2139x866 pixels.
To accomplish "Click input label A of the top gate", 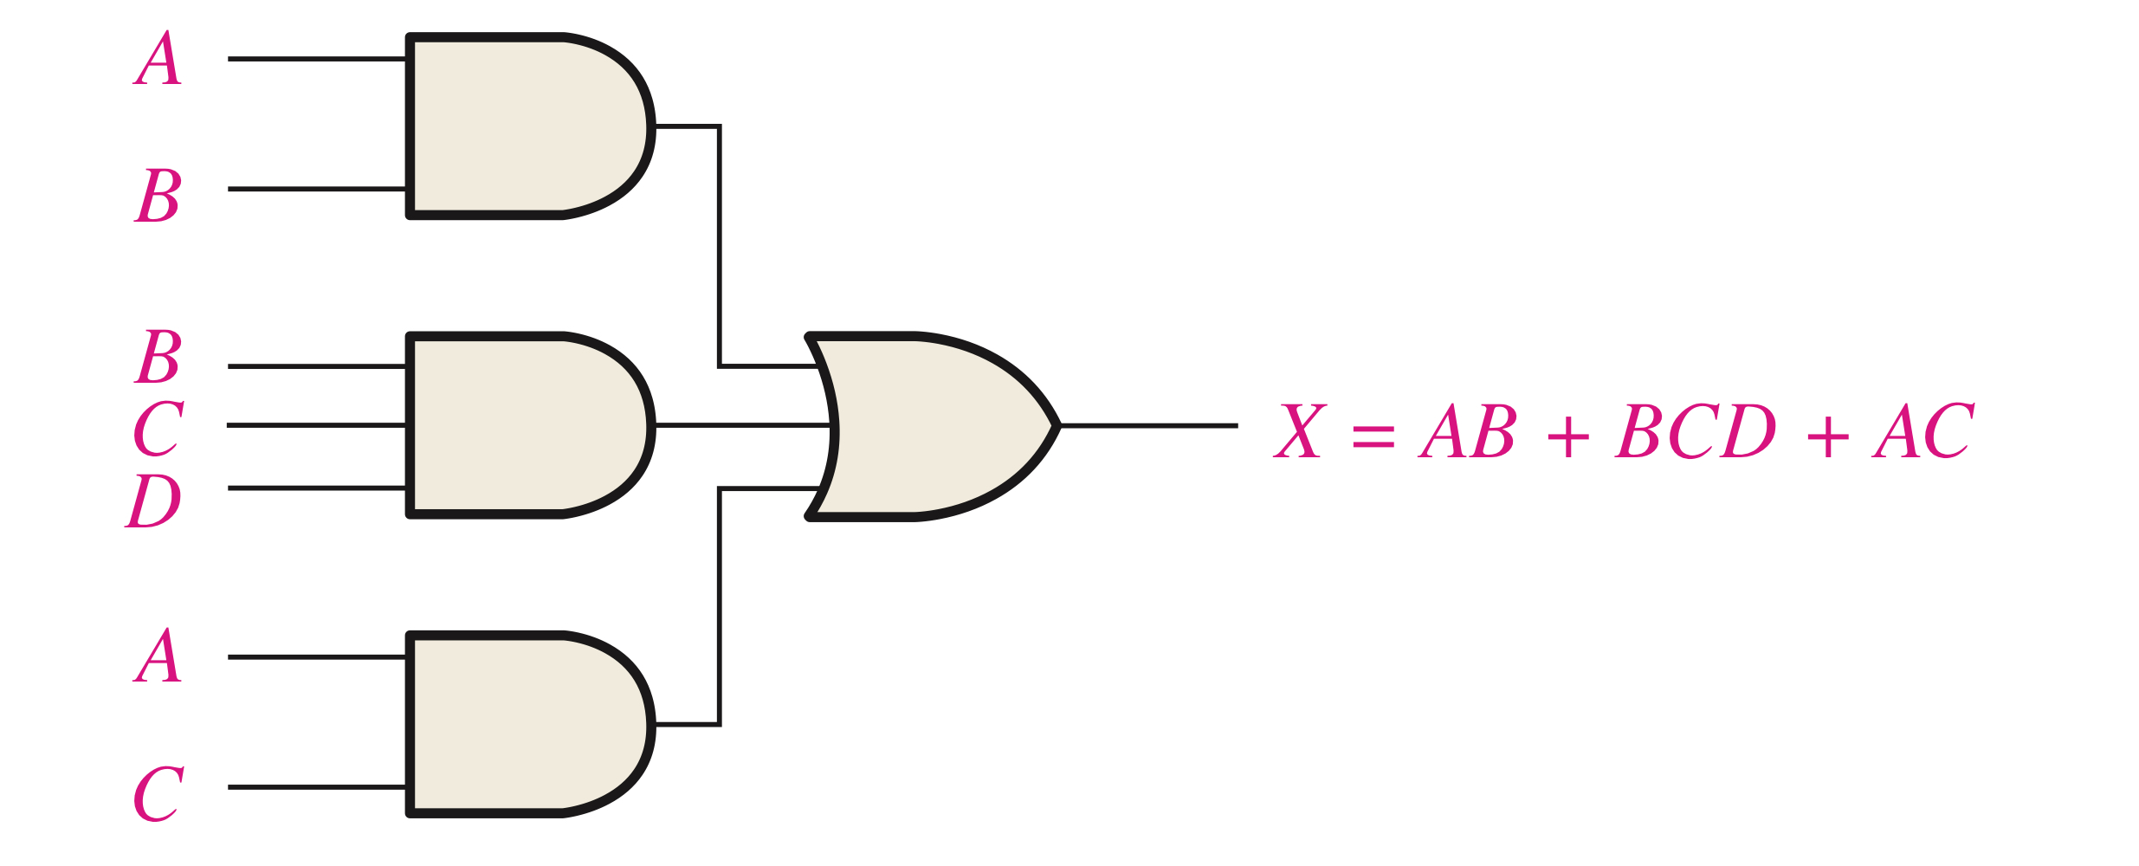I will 158,59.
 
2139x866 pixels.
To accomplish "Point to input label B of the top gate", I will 158,195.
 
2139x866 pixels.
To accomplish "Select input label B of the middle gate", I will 158,356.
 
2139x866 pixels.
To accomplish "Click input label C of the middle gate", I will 158,428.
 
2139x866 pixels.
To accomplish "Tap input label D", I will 154,501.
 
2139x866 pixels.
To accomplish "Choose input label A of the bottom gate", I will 158,656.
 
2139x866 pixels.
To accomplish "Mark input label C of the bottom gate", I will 158,793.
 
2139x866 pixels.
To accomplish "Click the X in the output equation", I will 1299,430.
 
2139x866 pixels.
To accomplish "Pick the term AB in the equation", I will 1467,430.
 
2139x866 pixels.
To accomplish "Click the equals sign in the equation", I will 1373,436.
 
